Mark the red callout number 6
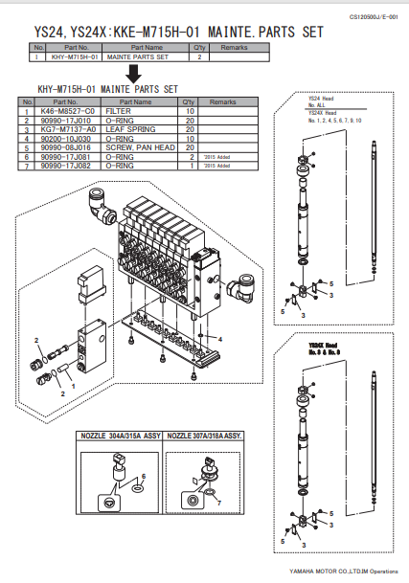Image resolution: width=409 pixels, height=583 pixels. point(145,476)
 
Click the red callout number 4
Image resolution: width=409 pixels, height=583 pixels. point(219,340)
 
